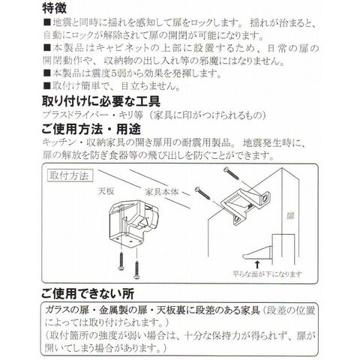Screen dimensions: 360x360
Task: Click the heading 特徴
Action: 54,8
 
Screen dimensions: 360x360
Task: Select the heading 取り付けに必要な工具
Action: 101,101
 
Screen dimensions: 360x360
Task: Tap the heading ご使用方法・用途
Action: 91,129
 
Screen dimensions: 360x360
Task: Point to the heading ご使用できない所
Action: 88,293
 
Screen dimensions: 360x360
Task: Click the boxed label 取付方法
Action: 70,175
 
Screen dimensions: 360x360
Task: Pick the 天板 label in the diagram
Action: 106,191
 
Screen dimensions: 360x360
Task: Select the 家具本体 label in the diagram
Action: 162,192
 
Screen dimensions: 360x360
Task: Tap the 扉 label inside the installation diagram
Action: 290,216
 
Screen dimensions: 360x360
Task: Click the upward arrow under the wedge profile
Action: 257,264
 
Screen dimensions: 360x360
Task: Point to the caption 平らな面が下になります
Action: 268,274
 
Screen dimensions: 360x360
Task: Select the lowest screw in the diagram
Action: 136,270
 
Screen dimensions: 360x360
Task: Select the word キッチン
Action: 59,142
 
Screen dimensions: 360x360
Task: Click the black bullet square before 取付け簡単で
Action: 46,86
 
